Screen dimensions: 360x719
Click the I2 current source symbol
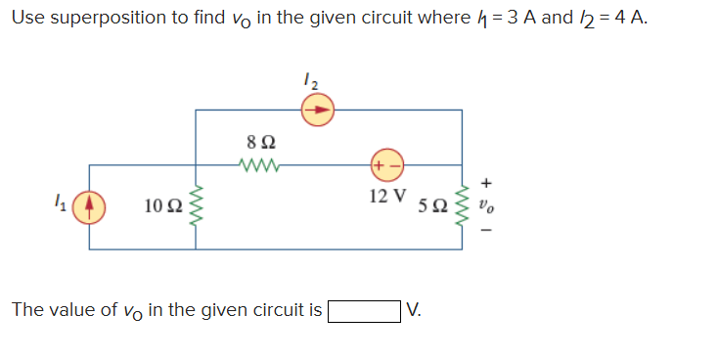[316, 112]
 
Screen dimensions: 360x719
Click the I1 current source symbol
[89, 206]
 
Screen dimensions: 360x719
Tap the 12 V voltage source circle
[382, 164]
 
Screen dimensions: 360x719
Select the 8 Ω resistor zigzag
[255, 164]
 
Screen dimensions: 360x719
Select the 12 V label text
[389, 195]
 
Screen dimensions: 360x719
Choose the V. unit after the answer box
[415, 311]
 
